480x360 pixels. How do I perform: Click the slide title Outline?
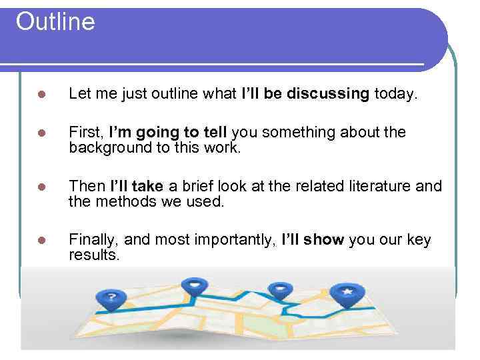coord(55,21)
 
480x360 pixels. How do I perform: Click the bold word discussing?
coord(328,94)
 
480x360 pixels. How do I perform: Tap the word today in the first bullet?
coord(395,94)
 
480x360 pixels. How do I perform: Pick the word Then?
coord(87,185)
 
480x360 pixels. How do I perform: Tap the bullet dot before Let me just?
coord(41,95)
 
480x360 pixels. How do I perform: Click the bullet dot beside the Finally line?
coord(41,240)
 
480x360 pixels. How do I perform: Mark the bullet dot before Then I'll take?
coord(41,186)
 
